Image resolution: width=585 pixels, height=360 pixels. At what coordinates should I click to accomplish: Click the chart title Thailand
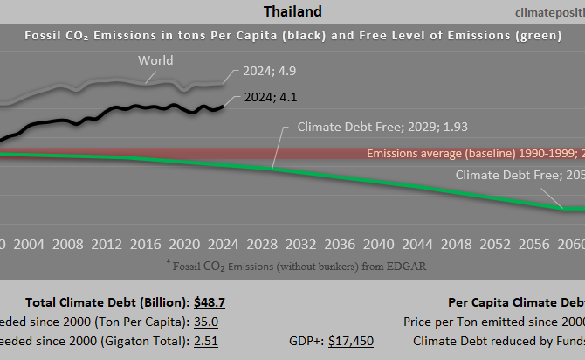tap(292, 11)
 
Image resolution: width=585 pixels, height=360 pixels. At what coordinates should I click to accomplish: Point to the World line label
tap(155, 61)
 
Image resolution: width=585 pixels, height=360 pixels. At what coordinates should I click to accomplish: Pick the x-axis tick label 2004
tap(30, 219)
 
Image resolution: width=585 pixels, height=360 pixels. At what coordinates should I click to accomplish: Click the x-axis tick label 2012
tap(107, 219)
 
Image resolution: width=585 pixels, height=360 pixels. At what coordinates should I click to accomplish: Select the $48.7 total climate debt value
tap(209, 279)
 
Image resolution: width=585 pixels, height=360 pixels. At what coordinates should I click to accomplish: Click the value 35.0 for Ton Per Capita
tap(206, 298)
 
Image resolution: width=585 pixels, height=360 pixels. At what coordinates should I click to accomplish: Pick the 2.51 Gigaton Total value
tap(206, 316)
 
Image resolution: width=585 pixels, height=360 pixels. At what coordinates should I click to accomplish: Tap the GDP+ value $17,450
tap(351, 316)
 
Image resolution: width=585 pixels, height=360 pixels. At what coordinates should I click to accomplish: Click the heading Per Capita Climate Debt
tap(515, 279)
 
